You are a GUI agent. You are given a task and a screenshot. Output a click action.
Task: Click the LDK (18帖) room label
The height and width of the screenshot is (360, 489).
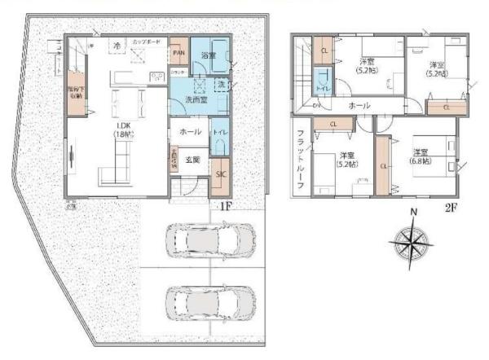click(125, 129)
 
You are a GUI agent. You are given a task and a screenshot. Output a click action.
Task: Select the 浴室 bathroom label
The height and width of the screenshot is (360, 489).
click(209, 55)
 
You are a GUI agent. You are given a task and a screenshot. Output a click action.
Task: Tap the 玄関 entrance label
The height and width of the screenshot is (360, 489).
click(192, 160)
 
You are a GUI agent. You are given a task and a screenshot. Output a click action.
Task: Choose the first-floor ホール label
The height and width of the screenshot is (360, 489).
click(190, 131)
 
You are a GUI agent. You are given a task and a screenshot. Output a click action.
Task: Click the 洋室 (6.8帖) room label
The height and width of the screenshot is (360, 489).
click(421, 156)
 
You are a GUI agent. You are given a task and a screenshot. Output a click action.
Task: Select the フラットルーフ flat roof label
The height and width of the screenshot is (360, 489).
click(301, 159)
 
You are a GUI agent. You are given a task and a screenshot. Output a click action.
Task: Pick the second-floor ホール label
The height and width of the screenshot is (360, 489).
click(359, 106)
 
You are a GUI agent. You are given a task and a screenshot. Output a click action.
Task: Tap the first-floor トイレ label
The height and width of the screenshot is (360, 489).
click(218, 132)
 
